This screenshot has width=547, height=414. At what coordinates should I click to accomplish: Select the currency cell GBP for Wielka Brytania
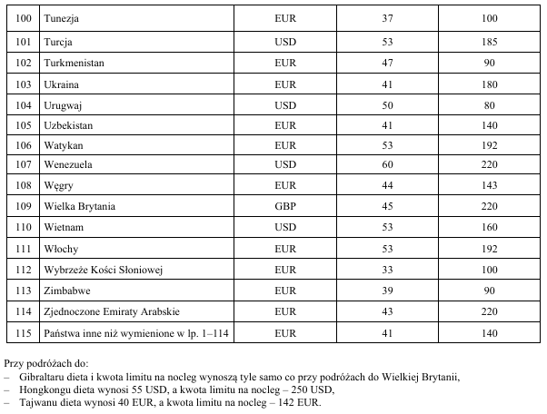click(x=285, y=207)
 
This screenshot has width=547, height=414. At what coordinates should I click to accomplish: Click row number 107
click(x=25, y=165)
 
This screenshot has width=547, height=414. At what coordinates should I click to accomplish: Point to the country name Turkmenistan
click(x=75, y=62)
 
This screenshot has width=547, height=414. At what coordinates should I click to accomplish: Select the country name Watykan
click(x=64, y=144)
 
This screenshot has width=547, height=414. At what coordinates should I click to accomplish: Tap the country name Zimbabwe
click(x=68, y=291)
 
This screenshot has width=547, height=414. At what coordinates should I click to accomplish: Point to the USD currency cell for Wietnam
click(x=285, y=228)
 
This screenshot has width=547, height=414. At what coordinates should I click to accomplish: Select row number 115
click(x=25, y=332)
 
